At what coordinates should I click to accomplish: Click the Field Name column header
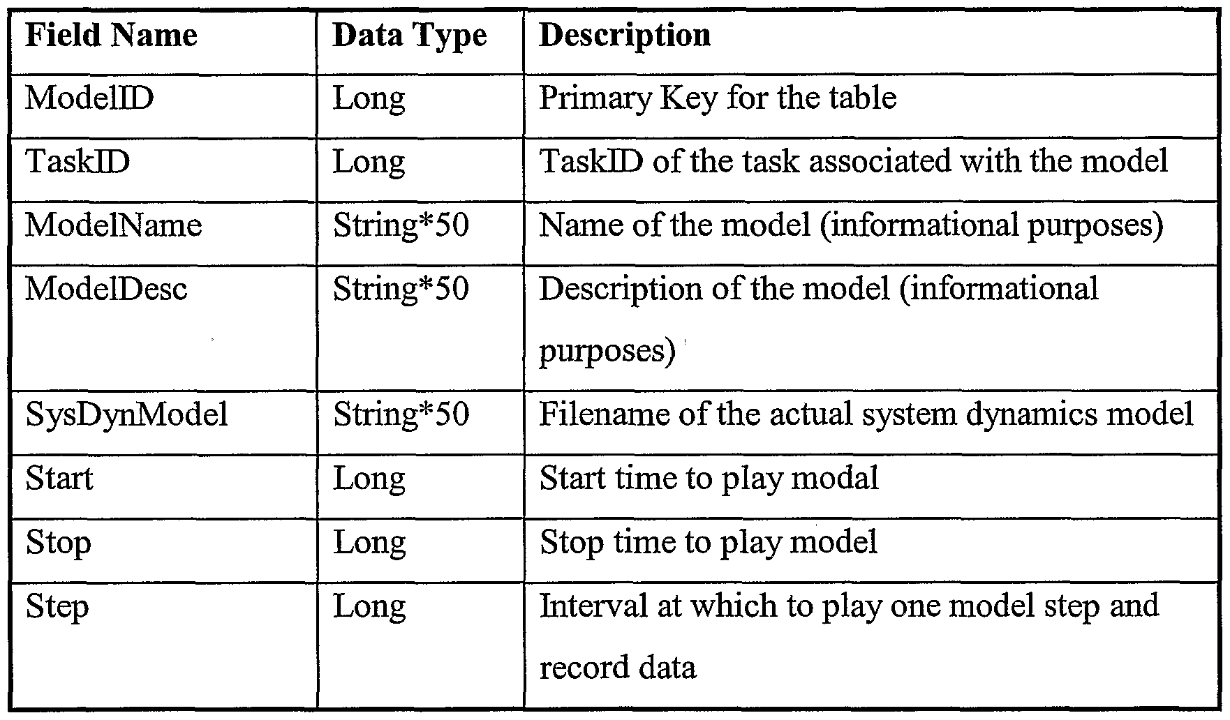[x=112, y=36]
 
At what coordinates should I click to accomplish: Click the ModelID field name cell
[x=89, y=98]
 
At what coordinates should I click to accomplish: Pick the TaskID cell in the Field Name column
[x=77, y=161]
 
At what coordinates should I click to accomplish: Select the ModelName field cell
[x=114, y=225]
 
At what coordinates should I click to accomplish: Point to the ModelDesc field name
[x=106, y=289]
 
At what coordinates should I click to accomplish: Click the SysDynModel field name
[x=127, y=415]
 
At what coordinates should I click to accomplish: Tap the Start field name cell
[x=59, y=479]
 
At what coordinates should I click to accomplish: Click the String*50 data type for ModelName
[x=401, y=225]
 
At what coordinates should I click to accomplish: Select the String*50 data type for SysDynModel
[x=401, y=415]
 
